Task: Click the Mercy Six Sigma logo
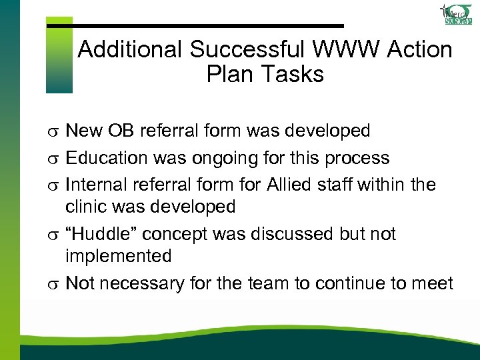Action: pyautogui.click(x=457, y=15)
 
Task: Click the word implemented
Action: pyautogui.click(x=118, y=256)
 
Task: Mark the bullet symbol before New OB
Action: pyautogui.click(x=55, y=132)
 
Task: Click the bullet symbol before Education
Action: pyautogui.click(x=55, y=159)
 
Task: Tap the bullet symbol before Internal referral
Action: pyautogui.click(x=55, y=186)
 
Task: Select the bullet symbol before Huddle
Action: pyautogui.click(x=55, y=235)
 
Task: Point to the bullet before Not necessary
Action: pyautogui.click(x=55, y=285)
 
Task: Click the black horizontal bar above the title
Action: pyautogui.click(x=195, y=25)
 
